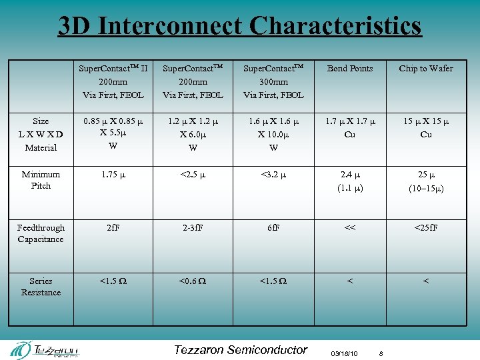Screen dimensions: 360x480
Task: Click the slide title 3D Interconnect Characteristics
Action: click(240, 25)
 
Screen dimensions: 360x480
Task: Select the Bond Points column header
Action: click(350, 69)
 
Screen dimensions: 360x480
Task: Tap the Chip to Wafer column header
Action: click(425, 69)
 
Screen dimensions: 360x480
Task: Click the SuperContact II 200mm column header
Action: click(113, 81)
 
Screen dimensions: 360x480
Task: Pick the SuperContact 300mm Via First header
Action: click(273, 81)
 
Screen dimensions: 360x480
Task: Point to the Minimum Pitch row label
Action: click(41, 180)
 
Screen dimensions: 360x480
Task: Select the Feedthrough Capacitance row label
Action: click(41, 233)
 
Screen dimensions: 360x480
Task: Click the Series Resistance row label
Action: click(41, 287)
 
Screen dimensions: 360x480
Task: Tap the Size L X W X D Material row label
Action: click(41, 134)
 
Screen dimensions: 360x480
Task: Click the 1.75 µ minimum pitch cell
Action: click(113, 175)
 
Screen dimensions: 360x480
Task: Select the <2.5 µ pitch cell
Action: click(193, 175)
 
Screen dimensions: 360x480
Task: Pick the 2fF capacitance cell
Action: click(113, 228)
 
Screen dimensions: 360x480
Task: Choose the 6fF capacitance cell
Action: click(273, 228)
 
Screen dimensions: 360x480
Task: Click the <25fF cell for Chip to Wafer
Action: click(425, 228)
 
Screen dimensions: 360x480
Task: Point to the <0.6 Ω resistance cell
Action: click(193, 281)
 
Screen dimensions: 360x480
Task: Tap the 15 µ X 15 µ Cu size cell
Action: click(425, 128)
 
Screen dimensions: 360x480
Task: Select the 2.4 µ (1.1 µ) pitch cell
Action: click(350, 181)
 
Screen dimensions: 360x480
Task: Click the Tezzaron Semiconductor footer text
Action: click(240, 350)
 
